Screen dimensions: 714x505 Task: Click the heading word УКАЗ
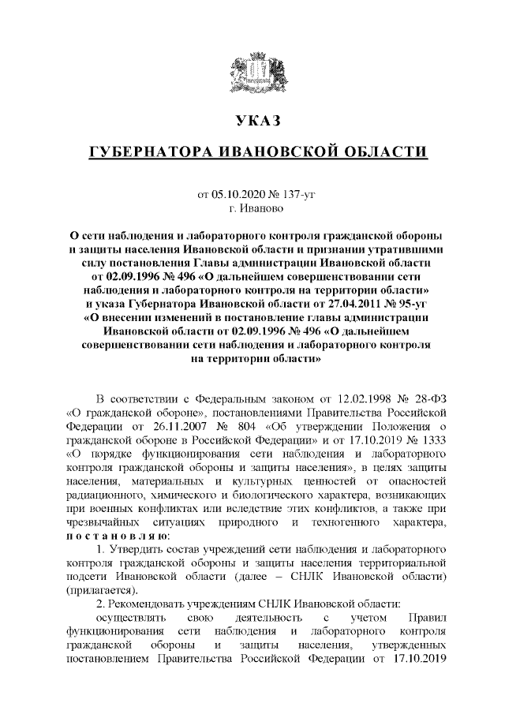click(x=252, y=121)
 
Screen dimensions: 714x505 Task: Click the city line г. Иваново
click(x=252, y=209)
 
